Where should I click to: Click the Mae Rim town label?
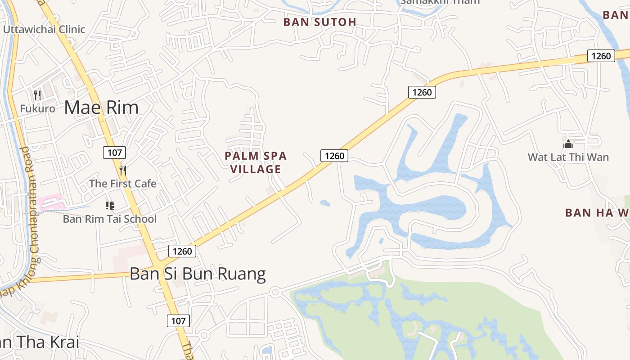tap(101, 108)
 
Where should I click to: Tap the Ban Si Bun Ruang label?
tap(198, 274)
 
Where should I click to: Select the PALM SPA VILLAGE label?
tap(256, 162)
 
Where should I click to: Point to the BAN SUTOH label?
tap(319, 22)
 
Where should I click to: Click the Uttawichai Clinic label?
tap(44, 30)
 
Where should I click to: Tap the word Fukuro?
tap(37, 109)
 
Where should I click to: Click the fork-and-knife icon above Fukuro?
tap(37, 95)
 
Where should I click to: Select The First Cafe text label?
tap(122, 184)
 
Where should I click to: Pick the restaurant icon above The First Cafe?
tap(122, 170)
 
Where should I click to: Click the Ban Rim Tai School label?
tap(110, 219)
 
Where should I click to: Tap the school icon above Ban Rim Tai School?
tap(109, 206)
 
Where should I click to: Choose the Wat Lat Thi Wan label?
tap(568, 157)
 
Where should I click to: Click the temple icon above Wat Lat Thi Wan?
tap(568, 144)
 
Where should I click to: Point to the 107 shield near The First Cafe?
tap(114, 153)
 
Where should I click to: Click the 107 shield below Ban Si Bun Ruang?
tap(178, 321)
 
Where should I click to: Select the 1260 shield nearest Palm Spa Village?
tap(334, 156)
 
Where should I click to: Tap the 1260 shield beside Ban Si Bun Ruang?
tap(182, 251)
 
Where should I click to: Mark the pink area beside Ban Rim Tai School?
tap(50, 202)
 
